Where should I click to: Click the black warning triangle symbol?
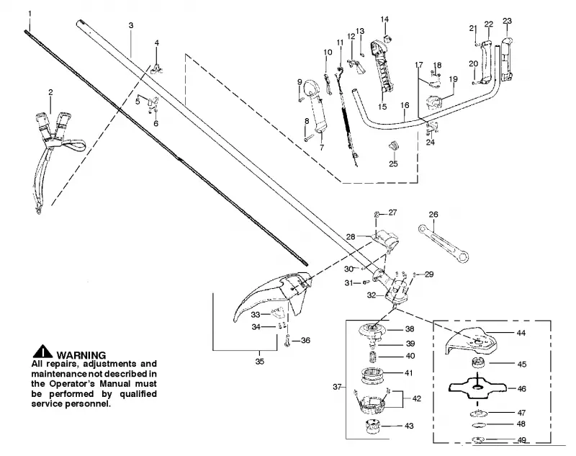point(42,352)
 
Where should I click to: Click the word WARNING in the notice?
point(81,355)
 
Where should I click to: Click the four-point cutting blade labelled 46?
point(477,388)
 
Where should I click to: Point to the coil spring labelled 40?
point(372,357)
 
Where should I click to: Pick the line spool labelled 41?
point(372,375)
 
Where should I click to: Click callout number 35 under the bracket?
point(260,362)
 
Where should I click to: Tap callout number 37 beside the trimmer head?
point(337,387)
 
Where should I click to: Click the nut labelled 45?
point(478,362)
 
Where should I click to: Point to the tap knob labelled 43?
point(373,426)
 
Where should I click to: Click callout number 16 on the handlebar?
point(405,105)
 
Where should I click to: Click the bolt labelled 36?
point(287,341)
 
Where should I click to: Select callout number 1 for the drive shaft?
point(30,14)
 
